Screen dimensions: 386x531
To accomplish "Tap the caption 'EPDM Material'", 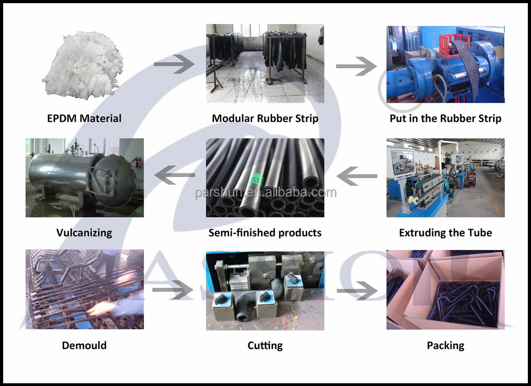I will click(84, 118).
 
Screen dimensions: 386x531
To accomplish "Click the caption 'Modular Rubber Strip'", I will click(265, 118).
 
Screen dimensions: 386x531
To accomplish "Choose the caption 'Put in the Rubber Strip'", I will click(445, 118).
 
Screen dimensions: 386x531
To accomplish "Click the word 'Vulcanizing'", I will click(84, 232).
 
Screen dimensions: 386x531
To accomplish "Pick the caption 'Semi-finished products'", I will click(265, 232).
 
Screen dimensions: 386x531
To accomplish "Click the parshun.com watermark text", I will click(265, 192).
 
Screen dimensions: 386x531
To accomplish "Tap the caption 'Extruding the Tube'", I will click(445, 232).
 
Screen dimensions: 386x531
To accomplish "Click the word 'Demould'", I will click(84, 346).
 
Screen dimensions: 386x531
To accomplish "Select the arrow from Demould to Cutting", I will click(173, 291).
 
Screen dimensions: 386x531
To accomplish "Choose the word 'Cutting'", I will click(265, 346).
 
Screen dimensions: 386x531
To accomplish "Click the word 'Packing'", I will click(445, 346).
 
